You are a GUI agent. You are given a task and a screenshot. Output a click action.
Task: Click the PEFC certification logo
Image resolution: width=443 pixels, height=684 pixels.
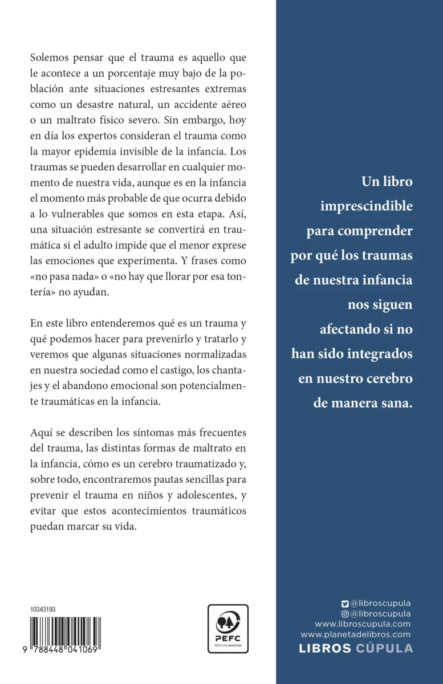pyautogui.click(x=228, y=628)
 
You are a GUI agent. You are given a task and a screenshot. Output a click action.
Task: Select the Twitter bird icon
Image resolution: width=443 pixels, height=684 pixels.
pyautogui.click(x=344, y=604)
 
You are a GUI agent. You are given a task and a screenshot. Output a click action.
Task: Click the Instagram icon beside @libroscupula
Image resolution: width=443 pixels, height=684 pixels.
pyautogui.click(x=344, y=614)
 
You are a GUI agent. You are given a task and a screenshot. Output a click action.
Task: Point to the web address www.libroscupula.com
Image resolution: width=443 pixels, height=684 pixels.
pyautogui.click(x=363, y=624)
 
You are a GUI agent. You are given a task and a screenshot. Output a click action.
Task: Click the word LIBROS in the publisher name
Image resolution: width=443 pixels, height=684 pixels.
pyautogui.click(x=326, y=648)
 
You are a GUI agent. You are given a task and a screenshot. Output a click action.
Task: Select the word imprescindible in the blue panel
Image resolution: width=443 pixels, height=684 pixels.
pyautogui.click(x=365, y=206)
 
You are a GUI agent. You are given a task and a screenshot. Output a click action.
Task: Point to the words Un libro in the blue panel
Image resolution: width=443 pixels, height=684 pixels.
pyautogui.click(x=387, y=182)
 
